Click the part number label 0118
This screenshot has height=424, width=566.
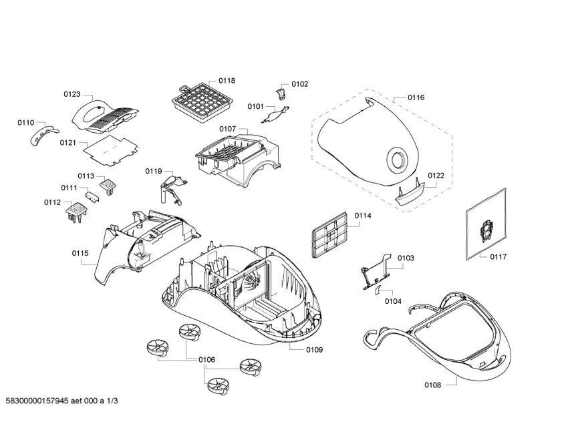(227, 81)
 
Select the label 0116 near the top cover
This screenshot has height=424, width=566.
(416, 97)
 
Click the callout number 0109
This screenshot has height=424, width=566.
(315, 350)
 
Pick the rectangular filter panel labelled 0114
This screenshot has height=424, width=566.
(329, 234)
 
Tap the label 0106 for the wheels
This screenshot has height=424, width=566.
(206, 360)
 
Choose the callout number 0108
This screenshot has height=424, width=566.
(433, 385)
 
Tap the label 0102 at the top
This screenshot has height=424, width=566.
(299, 84)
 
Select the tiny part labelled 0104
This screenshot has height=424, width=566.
(378, 290)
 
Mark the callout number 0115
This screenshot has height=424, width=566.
(80, 253)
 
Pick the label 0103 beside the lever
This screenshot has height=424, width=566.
(406, 258)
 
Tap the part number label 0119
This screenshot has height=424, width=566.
(154, 172)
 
